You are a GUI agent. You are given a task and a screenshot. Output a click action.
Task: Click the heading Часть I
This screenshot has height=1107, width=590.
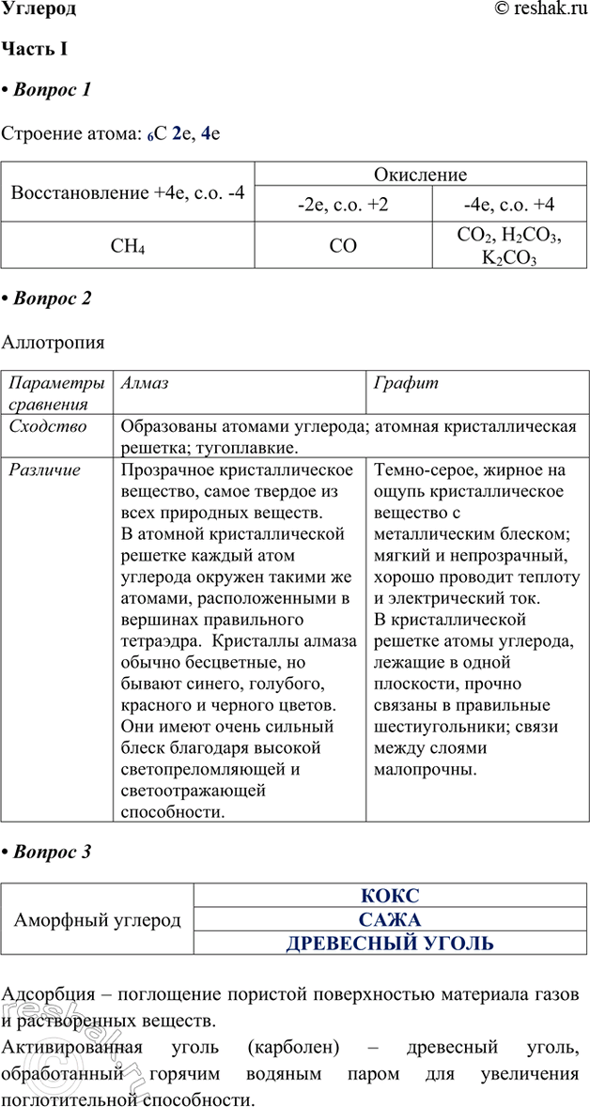[33, 49]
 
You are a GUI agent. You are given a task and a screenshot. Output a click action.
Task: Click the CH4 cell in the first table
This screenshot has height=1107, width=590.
[128, 248]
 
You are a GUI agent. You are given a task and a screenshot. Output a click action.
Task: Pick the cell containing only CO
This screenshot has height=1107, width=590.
[343, 248]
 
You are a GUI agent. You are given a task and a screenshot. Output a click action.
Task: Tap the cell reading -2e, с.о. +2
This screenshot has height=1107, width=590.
[343, 205]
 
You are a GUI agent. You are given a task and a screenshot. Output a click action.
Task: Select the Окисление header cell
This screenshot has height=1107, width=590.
[420, 175]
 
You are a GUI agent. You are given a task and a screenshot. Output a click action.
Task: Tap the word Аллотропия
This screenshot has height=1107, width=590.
[54, 343]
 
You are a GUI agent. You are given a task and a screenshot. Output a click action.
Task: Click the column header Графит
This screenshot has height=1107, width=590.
[406, 384]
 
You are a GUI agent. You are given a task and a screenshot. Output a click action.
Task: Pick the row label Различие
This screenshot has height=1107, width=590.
[45, 469]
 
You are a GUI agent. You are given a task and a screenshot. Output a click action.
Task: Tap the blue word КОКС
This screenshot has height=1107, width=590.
[390, 896]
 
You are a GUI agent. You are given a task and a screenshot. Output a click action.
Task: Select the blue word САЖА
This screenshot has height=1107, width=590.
[390, 920]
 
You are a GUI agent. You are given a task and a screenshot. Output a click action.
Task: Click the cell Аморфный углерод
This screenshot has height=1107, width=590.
[98, 920]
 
